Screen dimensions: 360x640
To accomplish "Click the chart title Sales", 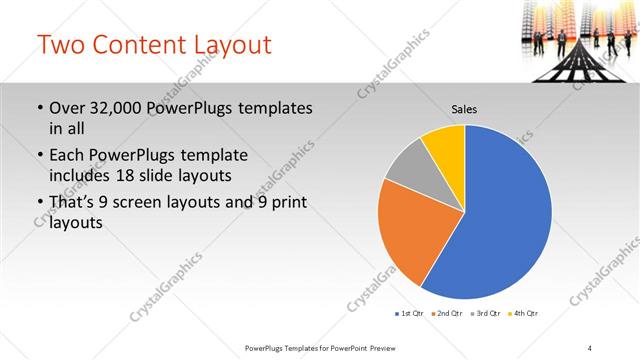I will click(x=465, y=108).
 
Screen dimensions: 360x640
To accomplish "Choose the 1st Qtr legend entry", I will click(x=410, y=314).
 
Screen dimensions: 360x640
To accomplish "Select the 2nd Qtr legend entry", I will click(x=447, y=314).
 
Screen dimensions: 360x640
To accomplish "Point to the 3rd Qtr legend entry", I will click(x=485, y=314).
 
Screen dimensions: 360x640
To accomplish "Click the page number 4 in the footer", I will click(x=590, y=347).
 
